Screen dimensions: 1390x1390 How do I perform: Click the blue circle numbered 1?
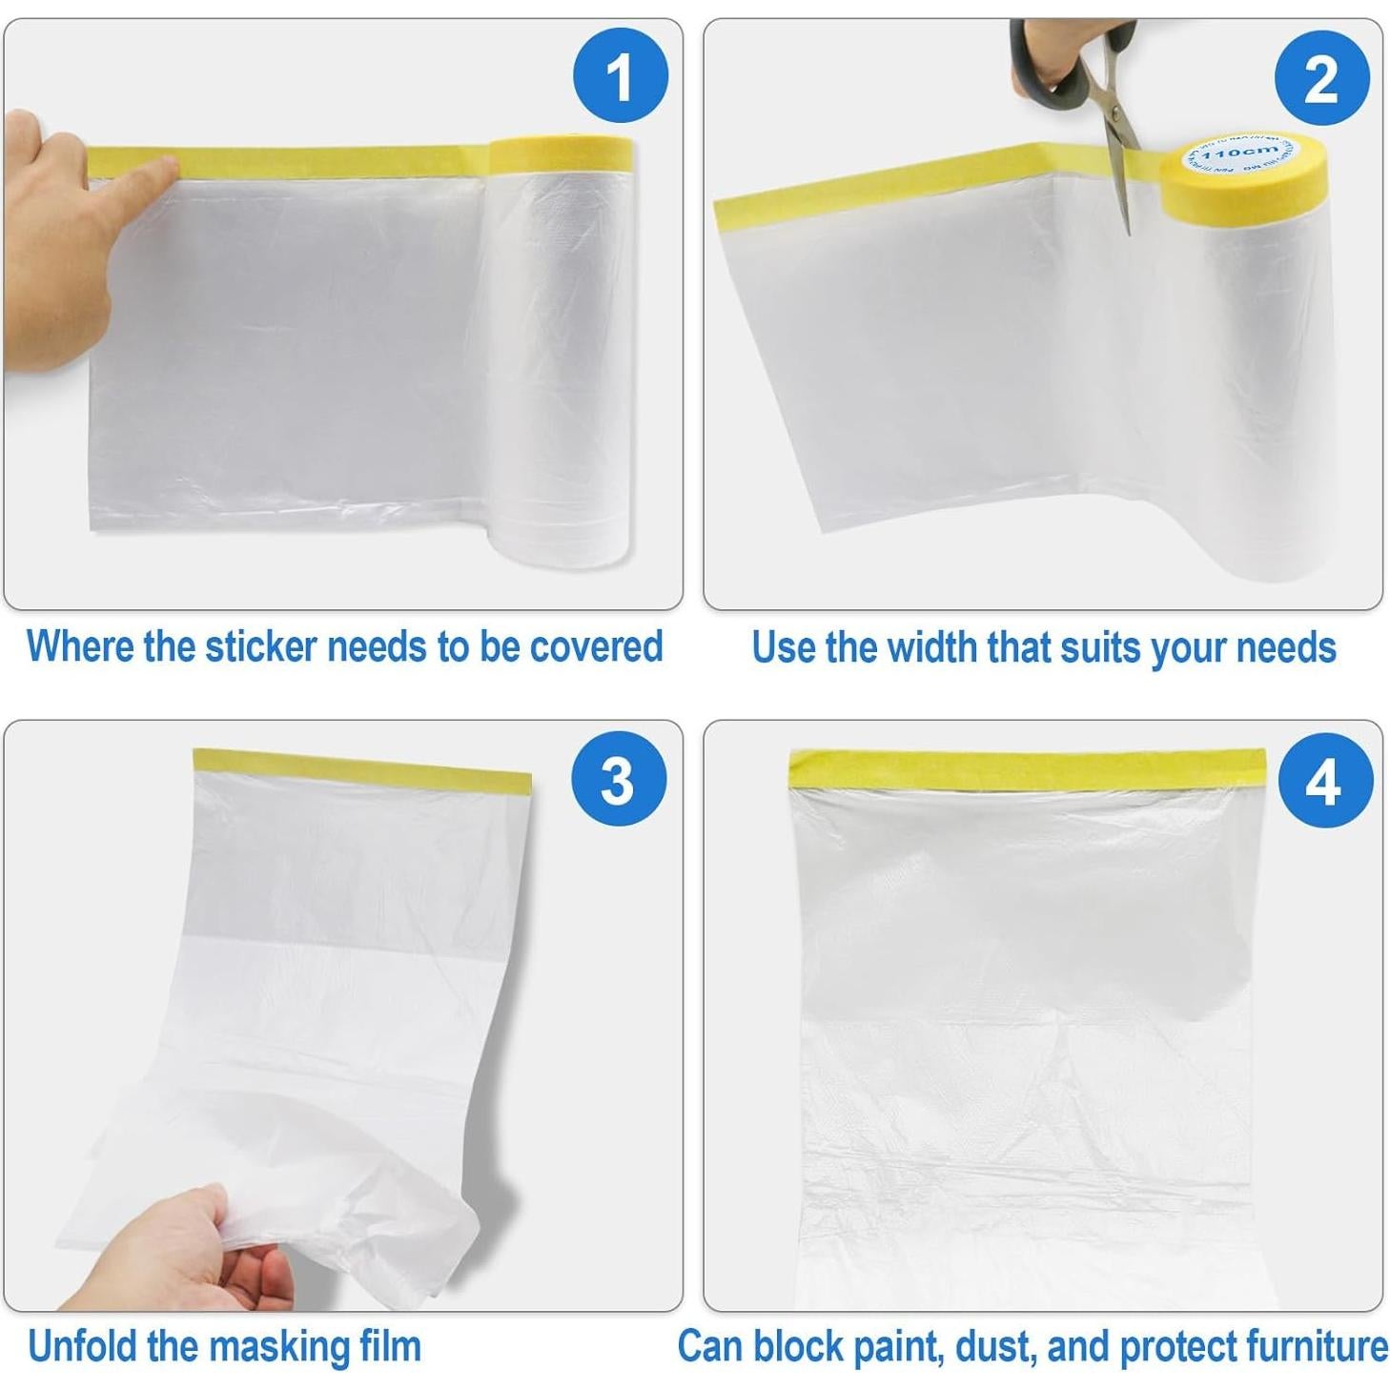(x=620, y=75)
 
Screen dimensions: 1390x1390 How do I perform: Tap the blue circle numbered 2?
(x=1321, y=78)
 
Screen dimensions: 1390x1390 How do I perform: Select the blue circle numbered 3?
(x=618, y=780)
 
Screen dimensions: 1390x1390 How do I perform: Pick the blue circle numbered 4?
(x=1324, y=780)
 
